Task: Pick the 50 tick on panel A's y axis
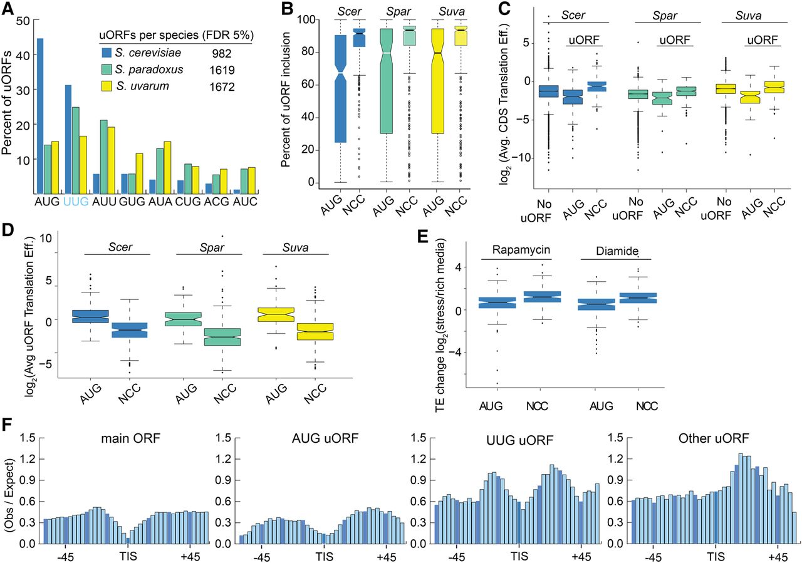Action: pyautogui.click(x=23, y=20)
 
